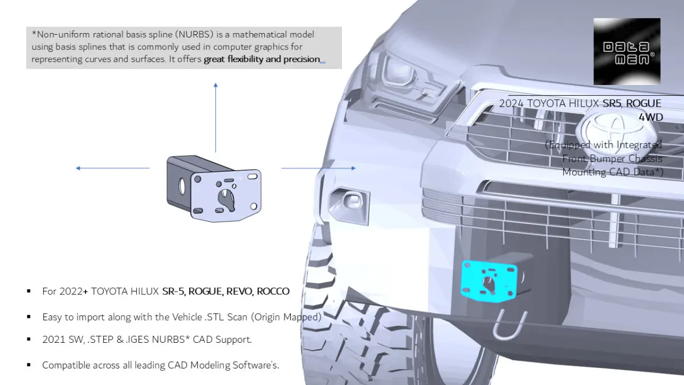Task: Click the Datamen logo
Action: (x=626, y=51)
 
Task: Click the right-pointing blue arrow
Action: (x=319, y=168)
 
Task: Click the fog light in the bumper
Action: (x=348, y=202)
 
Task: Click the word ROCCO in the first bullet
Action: (x=273, y=291)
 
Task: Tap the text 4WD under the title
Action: (x=650, y=117)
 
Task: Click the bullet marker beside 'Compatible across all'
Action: (x=28, y=364)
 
